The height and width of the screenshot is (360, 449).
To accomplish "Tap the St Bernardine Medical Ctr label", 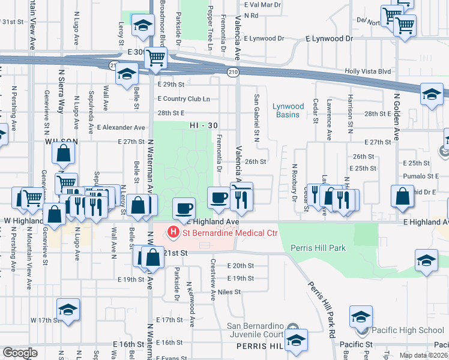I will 229,232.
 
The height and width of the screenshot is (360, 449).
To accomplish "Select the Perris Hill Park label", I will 318,247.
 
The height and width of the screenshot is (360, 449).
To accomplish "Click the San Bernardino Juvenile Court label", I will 255,331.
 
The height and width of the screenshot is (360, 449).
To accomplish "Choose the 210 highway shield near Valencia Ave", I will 232,72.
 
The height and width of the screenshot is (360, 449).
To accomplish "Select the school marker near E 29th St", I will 127,75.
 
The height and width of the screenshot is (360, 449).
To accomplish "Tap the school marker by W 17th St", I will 68,310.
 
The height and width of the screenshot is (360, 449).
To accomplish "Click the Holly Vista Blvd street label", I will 367,71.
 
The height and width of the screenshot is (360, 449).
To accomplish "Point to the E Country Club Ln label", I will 184,99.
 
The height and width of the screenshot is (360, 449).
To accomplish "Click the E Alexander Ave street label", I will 121,128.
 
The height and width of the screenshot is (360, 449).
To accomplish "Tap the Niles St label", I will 229,292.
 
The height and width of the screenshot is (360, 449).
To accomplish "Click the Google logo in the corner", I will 20,353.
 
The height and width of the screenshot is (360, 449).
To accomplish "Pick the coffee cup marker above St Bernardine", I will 184,208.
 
